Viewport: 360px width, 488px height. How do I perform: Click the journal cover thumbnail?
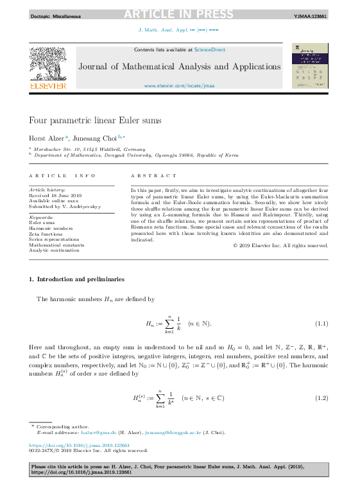(x=309, y=65)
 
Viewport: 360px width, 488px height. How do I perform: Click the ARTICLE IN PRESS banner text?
(x=180, y=15)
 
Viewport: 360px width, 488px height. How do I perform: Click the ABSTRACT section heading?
(x=153, y=176)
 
